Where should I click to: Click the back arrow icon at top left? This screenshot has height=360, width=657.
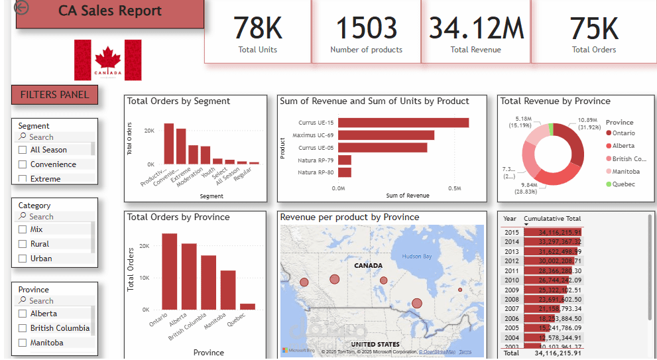[21, 7]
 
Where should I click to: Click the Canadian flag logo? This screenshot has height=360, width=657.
[108, 60]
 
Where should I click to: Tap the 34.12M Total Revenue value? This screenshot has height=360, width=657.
[476, 29]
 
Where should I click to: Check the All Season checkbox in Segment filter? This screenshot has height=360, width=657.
[23, 150]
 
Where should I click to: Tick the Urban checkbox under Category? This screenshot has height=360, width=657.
[23, 259]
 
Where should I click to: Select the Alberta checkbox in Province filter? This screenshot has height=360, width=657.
[23, 314]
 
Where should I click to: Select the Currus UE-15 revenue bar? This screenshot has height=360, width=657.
[403, 123]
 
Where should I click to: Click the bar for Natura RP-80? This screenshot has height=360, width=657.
[344, 172]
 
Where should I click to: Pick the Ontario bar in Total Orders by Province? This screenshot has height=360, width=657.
[169, 272]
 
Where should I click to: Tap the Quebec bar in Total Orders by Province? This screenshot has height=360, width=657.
[247, 306]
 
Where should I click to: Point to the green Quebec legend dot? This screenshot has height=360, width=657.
[609, 184]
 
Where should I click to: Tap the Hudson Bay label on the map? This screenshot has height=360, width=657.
[416, 257]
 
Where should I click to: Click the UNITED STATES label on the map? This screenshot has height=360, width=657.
[375, 345]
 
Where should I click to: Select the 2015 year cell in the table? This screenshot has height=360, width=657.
[511, 232]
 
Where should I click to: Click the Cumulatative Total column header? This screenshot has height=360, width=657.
[552, 219]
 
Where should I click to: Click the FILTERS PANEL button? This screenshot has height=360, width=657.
[54, 95]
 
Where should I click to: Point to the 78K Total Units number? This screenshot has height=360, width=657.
[258, 29]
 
